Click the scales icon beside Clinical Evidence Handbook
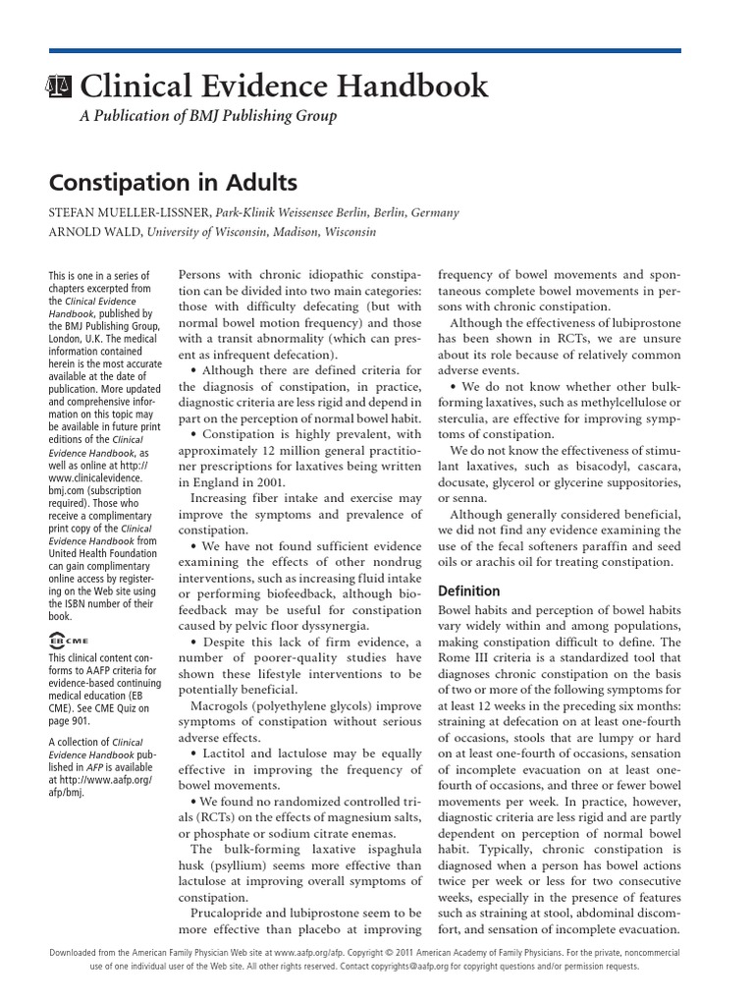coord(60,87)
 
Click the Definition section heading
coord(468,591)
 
